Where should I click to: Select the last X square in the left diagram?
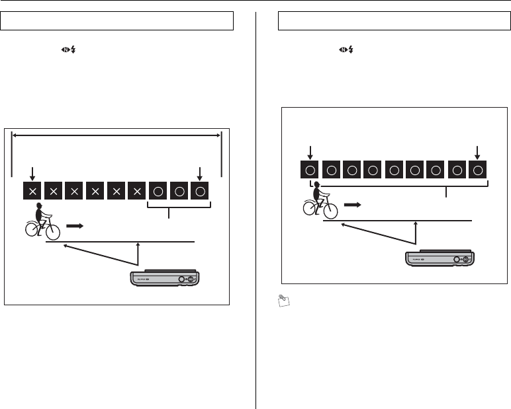coord(137,191)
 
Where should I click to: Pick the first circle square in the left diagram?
coord(158,191)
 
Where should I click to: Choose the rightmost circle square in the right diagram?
coord(479,170)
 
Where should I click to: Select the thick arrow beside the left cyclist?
coord(77,225)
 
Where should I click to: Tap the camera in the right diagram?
coord(440,258)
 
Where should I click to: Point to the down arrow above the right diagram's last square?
coord(478,151)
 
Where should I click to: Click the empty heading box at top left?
coord(117,20)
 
